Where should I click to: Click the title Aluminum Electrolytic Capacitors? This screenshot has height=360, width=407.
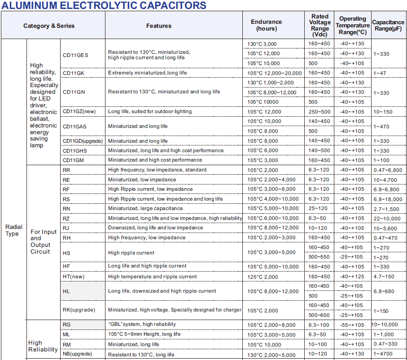tap(104, 5)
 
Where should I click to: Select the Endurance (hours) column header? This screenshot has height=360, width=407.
tap(266, 25)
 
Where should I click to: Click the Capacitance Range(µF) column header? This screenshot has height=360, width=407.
tap(388, 25)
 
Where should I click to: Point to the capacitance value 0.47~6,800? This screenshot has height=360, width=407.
tap(388, 170)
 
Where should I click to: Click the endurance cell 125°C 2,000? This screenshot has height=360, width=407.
tap(263, 277)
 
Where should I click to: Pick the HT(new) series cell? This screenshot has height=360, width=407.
tap(73, 277)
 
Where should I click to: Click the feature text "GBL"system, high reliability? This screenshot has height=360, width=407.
tap(142, 324)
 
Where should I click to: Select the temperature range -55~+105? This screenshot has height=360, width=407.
tap(351, 325)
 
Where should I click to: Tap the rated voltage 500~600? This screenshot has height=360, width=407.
tap(319, 315)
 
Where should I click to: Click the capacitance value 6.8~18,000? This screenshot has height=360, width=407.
tap(388, 199)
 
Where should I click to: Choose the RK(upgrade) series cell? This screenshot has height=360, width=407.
tap(78, 310)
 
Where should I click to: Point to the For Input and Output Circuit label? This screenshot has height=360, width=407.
tap(44, 241)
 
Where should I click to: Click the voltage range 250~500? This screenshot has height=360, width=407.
tap(319, 112)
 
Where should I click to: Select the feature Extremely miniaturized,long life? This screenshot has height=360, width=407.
tap(147, 73)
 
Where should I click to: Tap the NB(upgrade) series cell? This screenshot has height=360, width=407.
tap(77, 354)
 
